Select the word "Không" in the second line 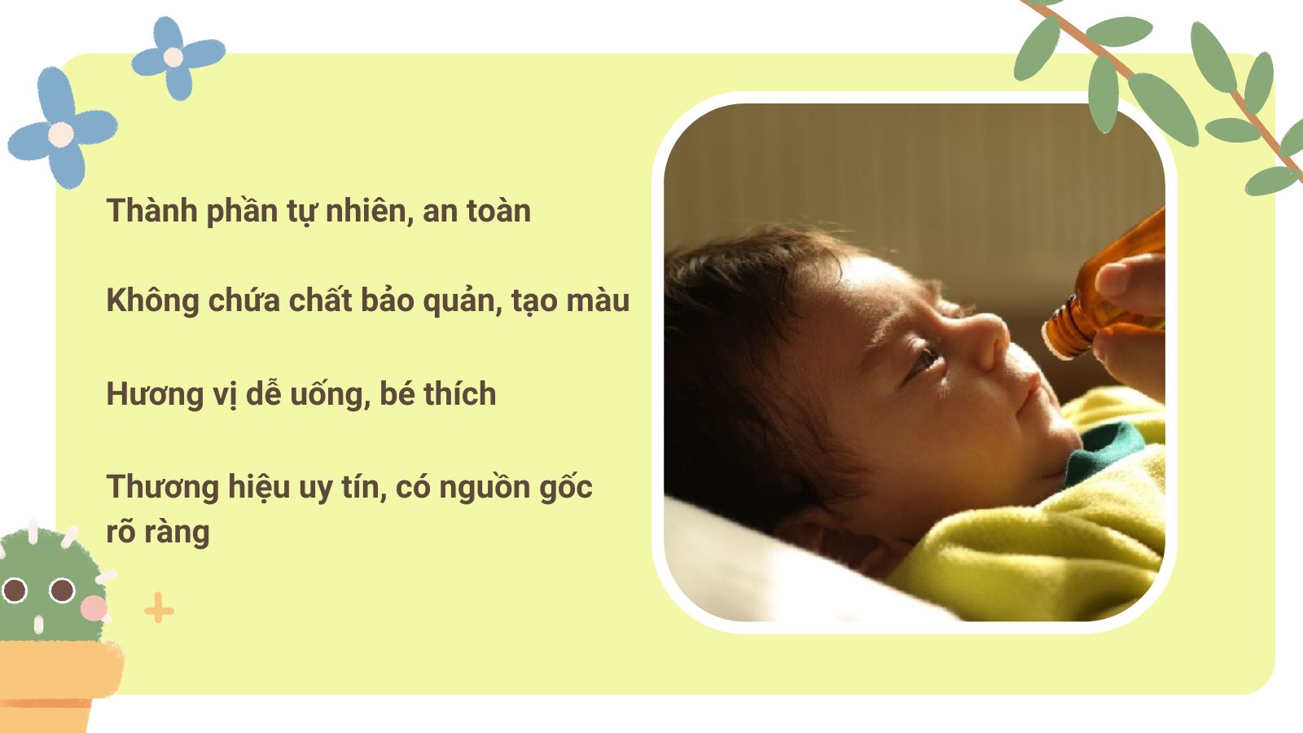click(152, 301)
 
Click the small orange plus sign click(159, 609)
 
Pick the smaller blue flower click(175, 57)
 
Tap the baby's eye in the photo click(926, 358)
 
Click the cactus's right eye click(62, 590)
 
